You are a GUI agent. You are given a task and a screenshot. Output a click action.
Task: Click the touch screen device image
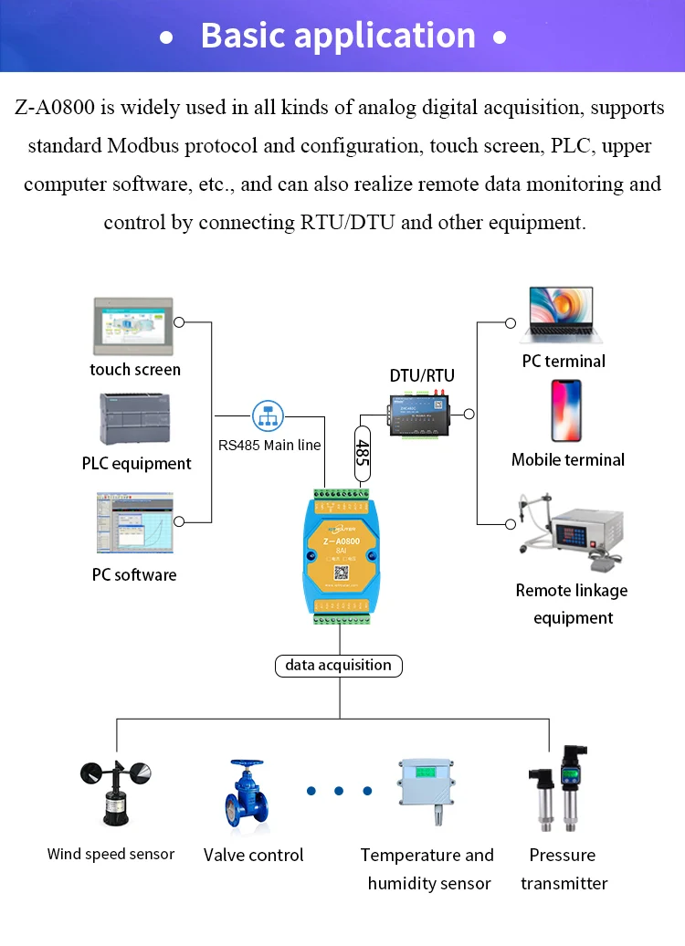click(133, 325)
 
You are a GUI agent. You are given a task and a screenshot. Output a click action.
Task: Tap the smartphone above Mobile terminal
click(566, 411)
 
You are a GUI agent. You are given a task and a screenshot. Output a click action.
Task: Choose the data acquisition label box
click(338, 666)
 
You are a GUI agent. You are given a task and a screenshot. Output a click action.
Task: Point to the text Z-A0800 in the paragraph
click(56, 108)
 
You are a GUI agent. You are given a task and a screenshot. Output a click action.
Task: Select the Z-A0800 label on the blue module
click(342, 541)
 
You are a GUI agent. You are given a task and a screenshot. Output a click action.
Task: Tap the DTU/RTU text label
click(422, 375)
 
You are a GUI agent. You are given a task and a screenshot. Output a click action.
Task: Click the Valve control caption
click(253, 856)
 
